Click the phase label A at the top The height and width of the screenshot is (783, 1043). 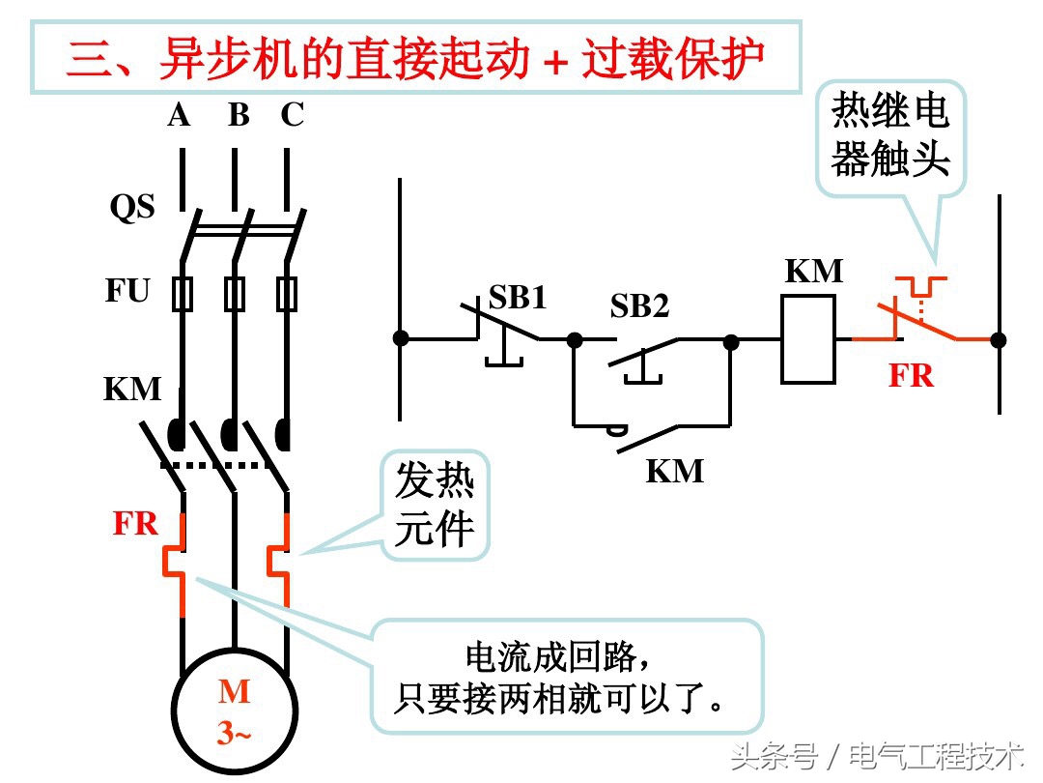tap(180, 115)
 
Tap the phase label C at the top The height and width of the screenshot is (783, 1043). tap(292, 115)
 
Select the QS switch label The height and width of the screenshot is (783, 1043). tap(132, 206)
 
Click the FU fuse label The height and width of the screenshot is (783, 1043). tap(127, 290)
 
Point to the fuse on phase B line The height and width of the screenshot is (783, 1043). tap(235, 293)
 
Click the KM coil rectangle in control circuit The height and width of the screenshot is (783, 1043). tap(807, 339)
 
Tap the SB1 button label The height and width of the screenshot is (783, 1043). tap(518, 297)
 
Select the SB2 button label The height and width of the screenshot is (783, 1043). tap(639, 306)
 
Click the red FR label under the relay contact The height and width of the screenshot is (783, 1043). tap(911, 375)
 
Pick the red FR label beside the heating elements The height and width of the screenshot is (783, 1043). tap(135, 523)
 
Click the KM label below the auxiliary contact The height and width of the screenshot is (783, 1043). tap(674, 472)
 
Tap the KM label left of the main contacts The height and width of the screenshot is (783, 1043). tap(132, 389)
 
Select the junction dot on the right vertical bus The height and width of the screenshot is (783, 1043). tap(999, 339)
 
